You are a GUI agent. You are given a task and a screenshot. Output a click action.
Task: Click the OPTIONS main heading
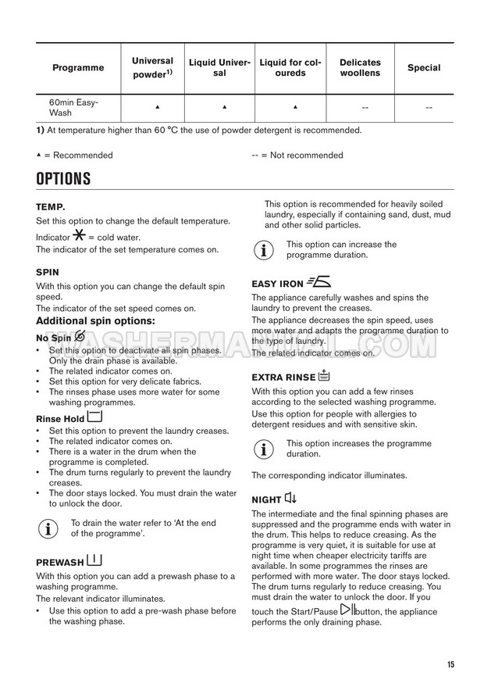[63, 179]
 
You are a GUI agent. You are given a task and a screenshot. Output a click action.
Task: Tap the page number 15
[450, 664]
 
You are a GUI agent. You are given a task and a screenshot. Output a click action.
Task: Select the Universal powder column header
[152, 68]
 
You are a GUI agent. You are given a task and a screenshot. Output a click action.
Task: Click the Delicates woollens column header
[360, 68]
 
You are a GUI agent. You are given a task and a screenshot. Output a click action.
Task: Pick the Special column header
[424, 68]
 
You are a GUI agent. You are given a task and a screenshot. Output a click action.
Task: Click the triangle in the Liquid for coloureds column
[295, 106]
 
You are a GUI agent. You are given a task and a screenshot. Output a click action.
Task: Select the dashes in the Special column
[429, 107]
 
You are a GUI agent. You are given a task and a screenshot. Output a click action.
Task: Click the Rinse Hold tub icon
[94, 417]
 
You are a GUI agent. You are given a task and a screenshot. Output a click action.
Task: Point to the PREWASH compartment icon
[95, 560]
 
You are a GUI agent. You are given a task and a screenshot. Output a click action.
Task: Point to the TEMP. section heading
[51, 207]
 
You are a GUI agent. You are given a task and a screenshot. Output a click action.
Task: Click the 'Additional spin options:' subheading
[96, 320]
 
